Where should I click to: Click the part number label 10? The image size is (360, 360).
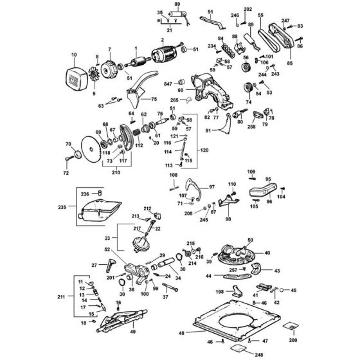[x=74, y=55]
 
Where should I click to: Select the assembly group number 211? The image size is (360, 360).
[x=61, y=297]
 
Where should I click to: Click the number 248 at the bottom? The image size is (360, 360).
[x=242, y=354]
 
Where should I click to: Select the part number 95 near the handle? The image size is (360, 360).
[x=268, y=179]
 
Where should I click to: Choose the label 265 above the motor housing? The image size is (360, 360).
[x=174, y=100]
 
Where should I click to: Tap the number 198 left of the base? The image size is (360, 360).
[x=219, y=292]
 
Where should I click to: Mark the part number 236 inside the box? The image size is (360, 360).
[x=84, y=193]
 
